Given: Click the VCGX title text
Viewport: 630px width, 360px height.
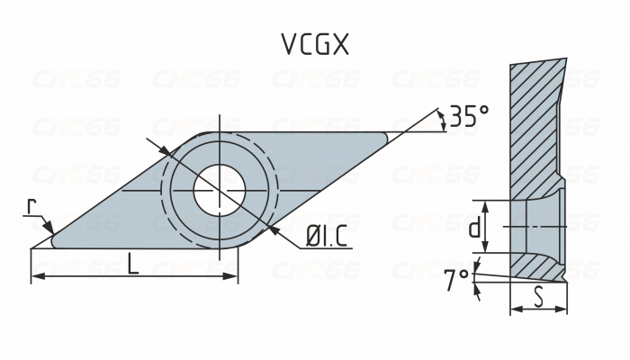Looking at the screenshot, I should pyautogui.click(x=315, y=46).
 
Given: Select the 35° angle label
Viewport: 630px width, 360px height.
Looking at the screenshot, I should pyautogui.click(x=469, y=116).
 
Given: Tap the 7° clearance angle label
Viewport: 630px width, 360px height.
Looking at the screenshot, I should pyautogui.click(x=456, y=281).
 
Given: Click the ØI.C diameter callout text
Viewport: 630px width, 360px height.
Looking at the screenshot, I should pyautogui.click(x=327, y=238).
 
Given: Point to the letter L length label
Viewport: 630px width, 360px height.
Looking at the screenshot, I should pyautogui.click(x=132, y=265).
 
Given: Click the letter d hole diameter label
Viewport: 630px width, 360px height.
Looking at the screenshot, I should pyautogui.click(x=474, y=229).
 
